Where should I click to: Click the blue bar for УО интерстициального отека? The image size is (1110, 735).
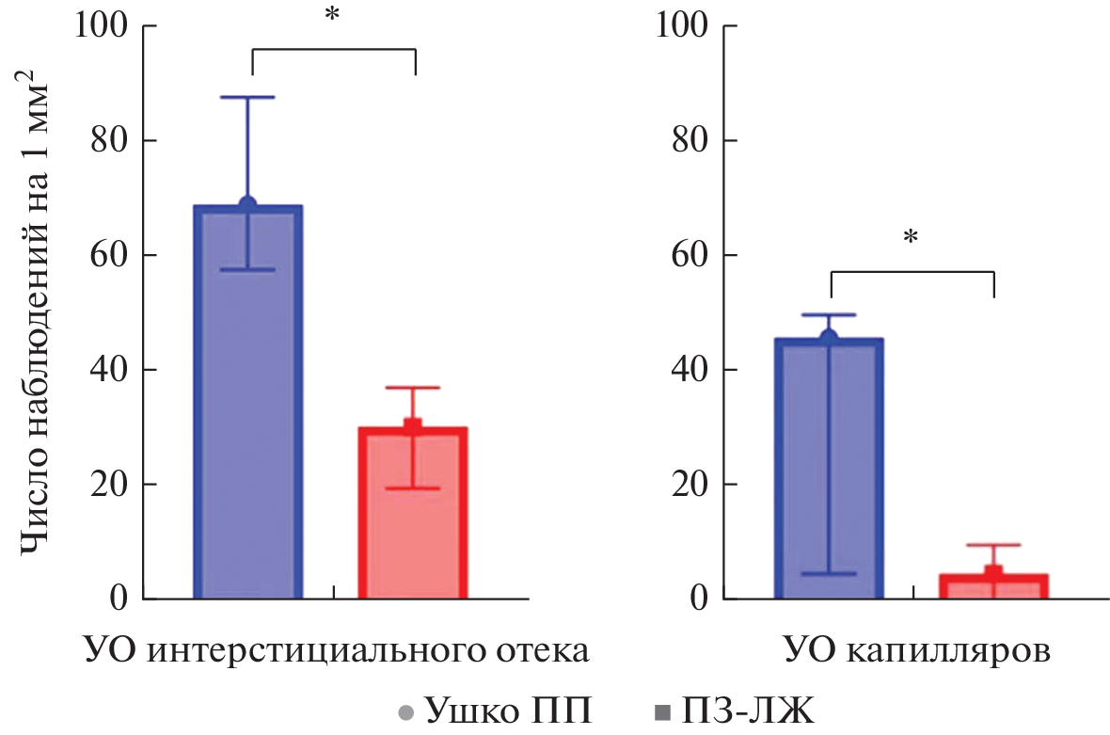[247, 405]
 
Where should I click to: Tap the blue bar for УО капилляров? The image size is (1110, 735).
[829, 471]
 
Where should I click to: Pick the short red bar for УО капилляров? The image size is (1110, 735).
[993, 586]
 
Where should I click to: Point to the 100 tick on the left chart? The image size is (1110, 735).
[102, 25]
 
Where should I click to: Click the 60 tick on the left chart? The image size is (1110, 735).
[110, 255]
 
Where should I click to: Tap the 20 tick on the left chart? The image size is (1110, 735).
[110, 485]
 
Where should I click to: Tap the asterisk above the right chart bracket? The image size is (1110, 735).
[910, 238]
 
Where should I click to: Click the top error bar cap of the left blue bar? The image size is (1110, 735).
[248, 97]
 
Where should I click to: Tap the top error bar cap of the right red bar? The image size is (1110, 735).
[993, 545]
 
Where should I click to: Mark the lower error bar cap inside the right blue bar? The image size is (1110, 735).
[829, 573]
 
